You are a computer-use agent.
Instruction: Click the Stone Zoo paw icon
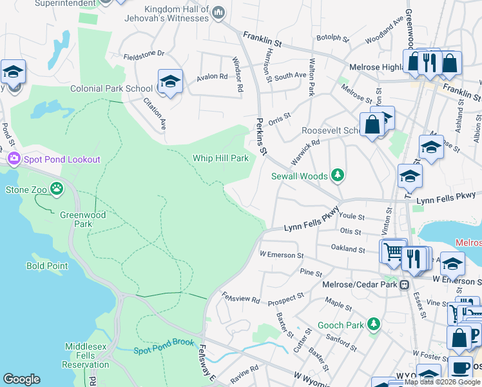(x=57, y=189)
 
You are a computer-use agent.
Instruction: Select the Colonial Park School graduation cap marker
(x=169, y=81)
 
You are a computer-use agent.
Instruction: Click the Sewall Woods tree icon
(x=336, y=175)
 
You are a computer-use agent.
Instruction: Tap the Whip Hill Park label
(x=220, y=158)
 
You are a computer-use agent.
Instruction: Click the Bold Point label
(x=47, y=266)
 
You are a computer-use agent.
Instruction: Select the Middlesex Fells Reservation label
(x=85, y=355)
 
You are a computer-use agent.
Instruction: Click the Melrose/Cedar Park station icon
(x=404, y=284)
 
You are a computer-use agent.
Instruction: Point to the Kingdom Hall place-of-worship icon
(x=218, y=12)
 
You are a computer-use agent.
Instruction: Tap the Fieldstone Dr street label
(x=144, y=54)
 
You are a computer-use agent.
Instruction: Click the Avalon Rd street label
(x=213, y=77)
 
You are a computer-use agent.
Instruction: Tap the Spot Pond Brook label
(x=164, y=350)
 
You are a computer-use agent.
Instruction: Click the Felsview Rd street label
(x=241, y=299)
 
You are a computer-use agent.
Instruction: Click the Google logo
(x=21, y=380)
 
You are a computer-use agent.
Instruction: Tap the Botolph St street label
(x=333, y=38)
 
